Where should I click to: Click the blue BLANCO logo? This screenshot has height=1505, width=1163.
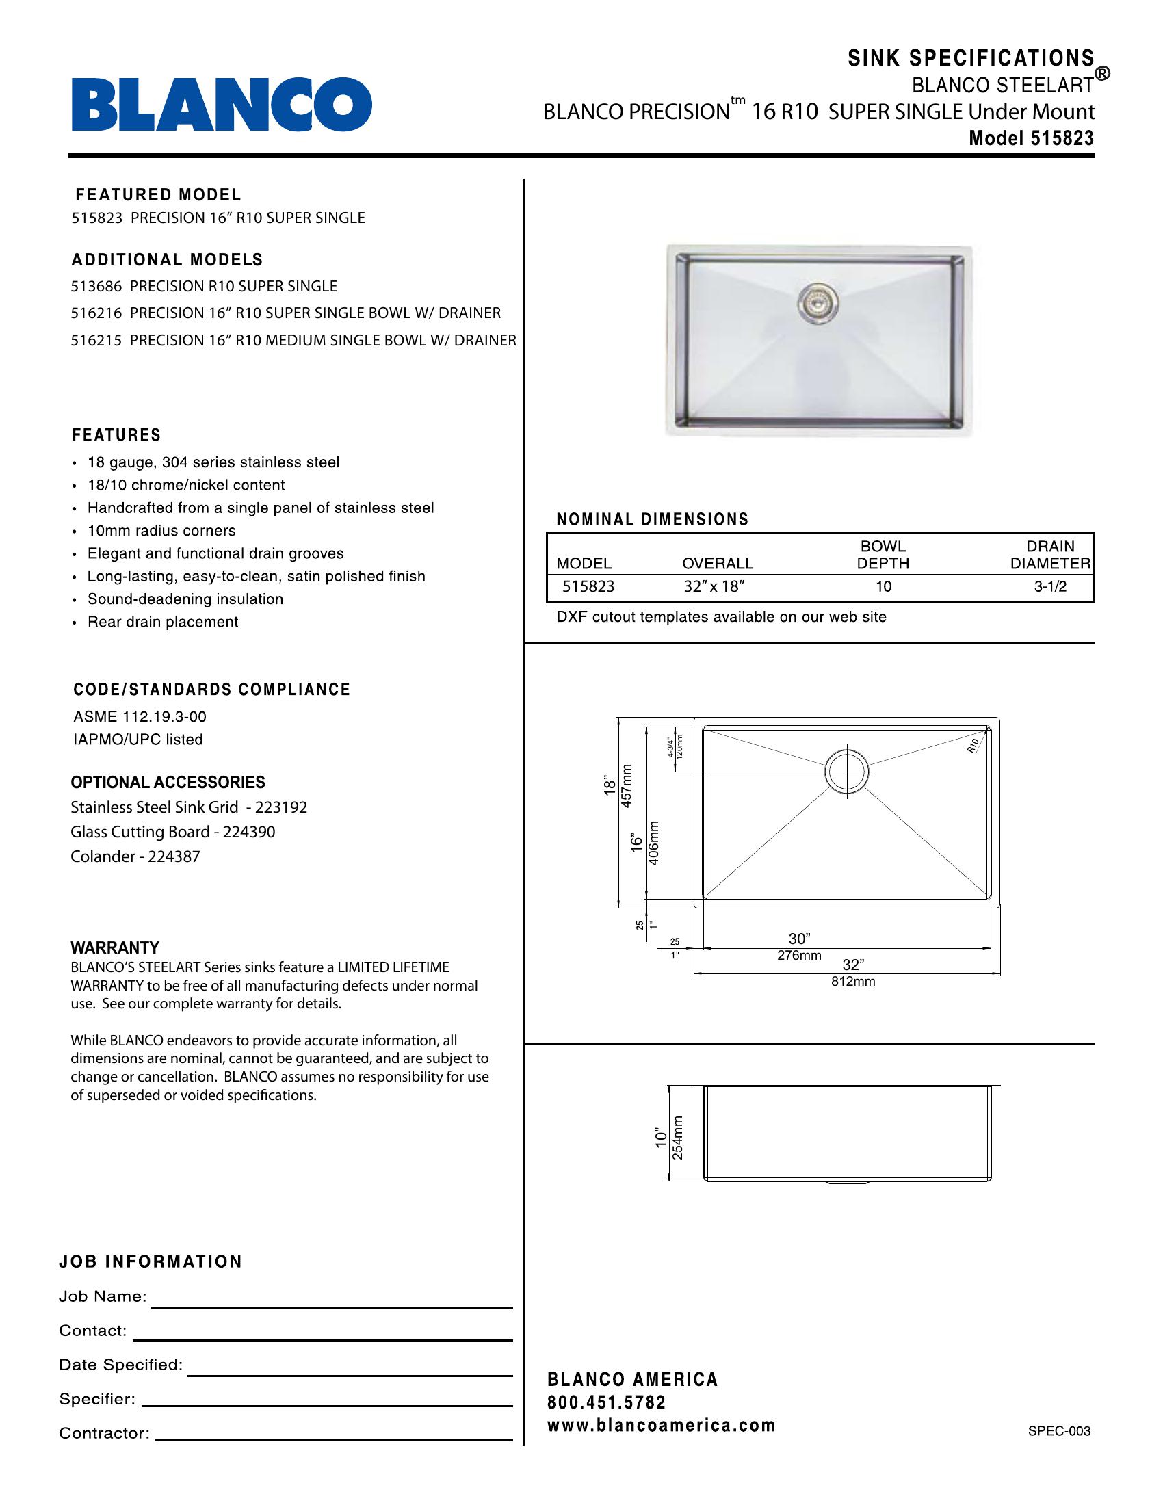coord(221,104)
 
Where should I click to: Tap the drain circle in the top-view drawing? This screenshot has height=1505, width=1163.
coord(847,771)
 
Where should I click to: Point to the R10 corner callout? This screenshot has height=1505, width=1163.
coord(973,745)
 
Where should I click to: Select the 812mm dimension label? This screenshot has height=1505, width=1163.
coord(853,981)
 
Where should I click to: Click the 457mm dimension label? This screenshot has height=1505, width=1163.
coord(626,785)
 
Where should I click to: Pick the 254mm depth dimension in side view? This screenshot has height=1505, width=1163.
coord(678,1138)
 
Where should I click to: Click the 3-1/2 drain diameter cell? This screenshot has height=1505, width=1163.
coord(1050,586)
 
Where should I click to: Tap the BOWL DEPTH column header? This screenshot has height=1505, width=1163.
coord(883,555)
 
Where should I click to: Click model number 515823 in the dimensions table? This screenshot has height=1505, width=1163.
coord(588,586)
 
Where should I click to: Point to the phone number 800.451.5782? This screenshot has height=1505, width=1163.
coord(606,1402)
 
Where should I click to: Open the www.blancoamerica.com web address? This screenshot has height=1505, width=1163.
coord(661,1425)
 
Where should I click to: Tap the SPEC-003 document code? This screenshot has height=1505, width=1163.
coord(1059,1430)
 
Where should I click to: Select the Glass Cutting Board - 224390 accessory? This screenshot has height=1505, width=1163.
coord(173,832)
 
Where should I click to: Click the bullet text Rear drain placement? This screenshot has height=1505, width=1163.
coord(163,622)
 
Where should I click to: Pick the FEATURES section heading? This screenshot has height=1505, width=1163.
coord(116,435)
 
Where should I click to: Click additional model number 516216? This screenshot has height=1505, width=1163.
coord(96,313)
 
